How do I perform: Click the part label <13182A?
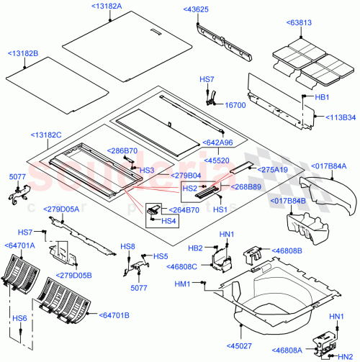107,6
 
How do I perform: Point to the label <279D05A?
63,209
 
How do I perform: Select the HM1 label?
182,284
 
